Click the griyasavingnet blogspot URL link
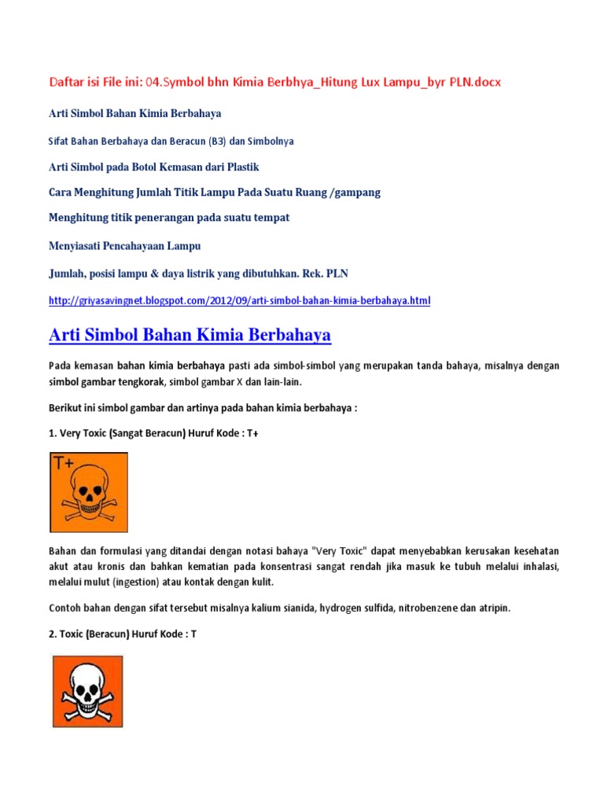click(240, 300)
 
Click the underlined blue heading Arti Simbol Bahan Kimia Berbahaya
click(190, 335)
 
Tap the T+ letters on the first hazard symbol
click(64, 463)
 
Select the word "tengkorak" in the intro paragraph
click(142, 381)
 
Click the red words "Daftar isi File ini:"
click(92, 82)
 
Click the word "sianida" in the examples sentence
click(283, 608)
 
